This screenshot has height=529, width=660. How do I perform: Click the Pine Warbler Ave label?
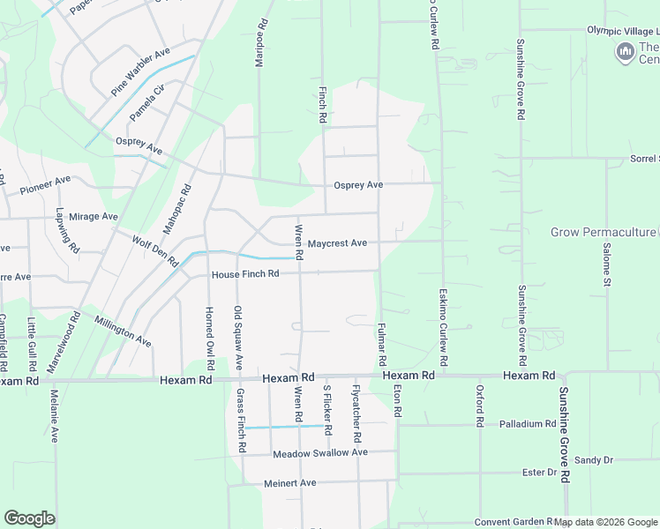pyautogui.click(x=140, y=73)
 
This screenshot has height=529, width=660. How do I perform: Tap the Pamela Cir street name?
pyautogui.click(x=147, y=104)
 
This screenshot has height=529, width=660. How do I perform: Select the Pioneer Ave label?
pyautogui.click(x=45, y=184)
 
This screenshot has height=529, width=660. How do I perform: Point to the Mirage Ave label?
pyautogui.click(x=94, y=216)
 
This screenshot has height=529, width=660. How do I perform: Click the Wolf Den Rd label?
pyautogui.click(x=154, y=251)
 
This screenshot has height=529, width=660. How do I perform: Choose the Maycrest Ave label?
pyautogui.click(x=337, y=243)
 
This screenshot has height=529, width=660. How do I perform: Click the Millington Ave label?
pyautogui.click(x=123, y=331)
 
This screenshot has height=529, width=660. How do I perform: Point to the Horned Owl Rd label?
pyautogui.click(x=209, y=338)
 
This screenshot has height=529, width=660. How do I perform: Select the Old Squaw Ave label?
pyautogui.click(x=238, y=338)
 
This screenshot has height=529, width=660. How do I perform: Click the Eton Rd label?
pyautogui.click(x=398, y=400)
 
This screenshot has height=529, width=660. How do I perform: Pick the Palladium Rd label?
pyautogui.click(x=527, y=424)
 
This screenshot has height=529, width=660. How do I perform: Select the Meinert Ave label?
pyautogui.click(x=289, y=483)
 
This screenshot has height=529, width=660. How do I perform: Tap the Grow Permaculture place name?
pyautogui.click(x=603, y=233)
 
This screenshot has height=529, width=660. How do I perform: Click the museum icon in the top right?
pyautogui.click(x=626, y=52)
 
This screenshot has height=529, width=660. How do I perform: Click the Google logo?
pyautogui.click(x=29, y=518)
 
